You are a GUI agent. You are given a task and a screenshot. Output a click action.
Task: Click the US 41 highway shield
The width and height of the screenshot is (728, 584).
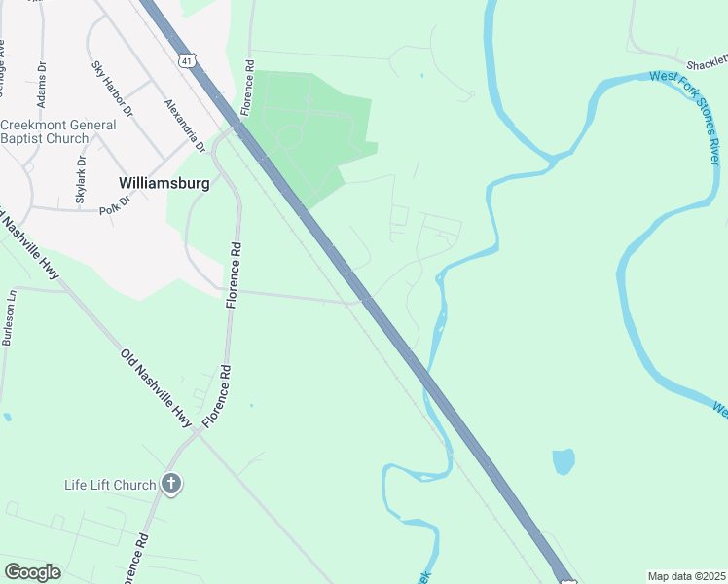(187, 59)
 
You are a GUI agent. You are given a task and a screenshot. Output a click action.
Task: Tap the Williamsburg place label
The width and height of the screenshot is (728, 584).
(158, 182)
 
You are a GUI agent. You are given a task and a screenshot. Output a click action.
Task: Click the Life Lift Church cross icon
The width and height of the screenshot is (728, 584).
(171, 484)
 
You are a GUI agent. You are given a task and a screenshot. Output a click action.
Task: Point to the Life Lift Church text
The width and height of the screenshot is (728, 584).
(110, 485)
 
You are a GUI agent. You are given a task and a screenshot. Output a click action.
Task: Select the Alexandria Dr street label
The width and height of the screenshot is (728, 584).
(184, 127)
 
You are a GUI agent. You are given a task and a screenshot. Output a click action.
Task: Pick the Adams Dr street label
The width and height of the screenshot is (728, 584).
(42, 89)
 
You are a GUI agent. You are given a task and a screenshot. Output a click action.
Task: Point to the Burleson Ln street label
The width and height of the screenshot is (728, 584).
(9, 318)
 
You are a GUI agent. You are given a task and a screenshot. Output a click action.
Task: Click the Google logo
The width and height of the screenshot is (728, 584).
(32, 572)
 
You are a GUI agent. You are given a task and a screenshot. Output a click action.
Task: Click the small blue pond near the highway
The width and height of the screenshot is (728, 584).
(563, 461)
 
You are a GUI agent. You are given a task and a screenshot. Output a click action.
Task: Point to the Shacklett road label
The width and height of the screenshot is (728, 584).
(706, 63)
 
